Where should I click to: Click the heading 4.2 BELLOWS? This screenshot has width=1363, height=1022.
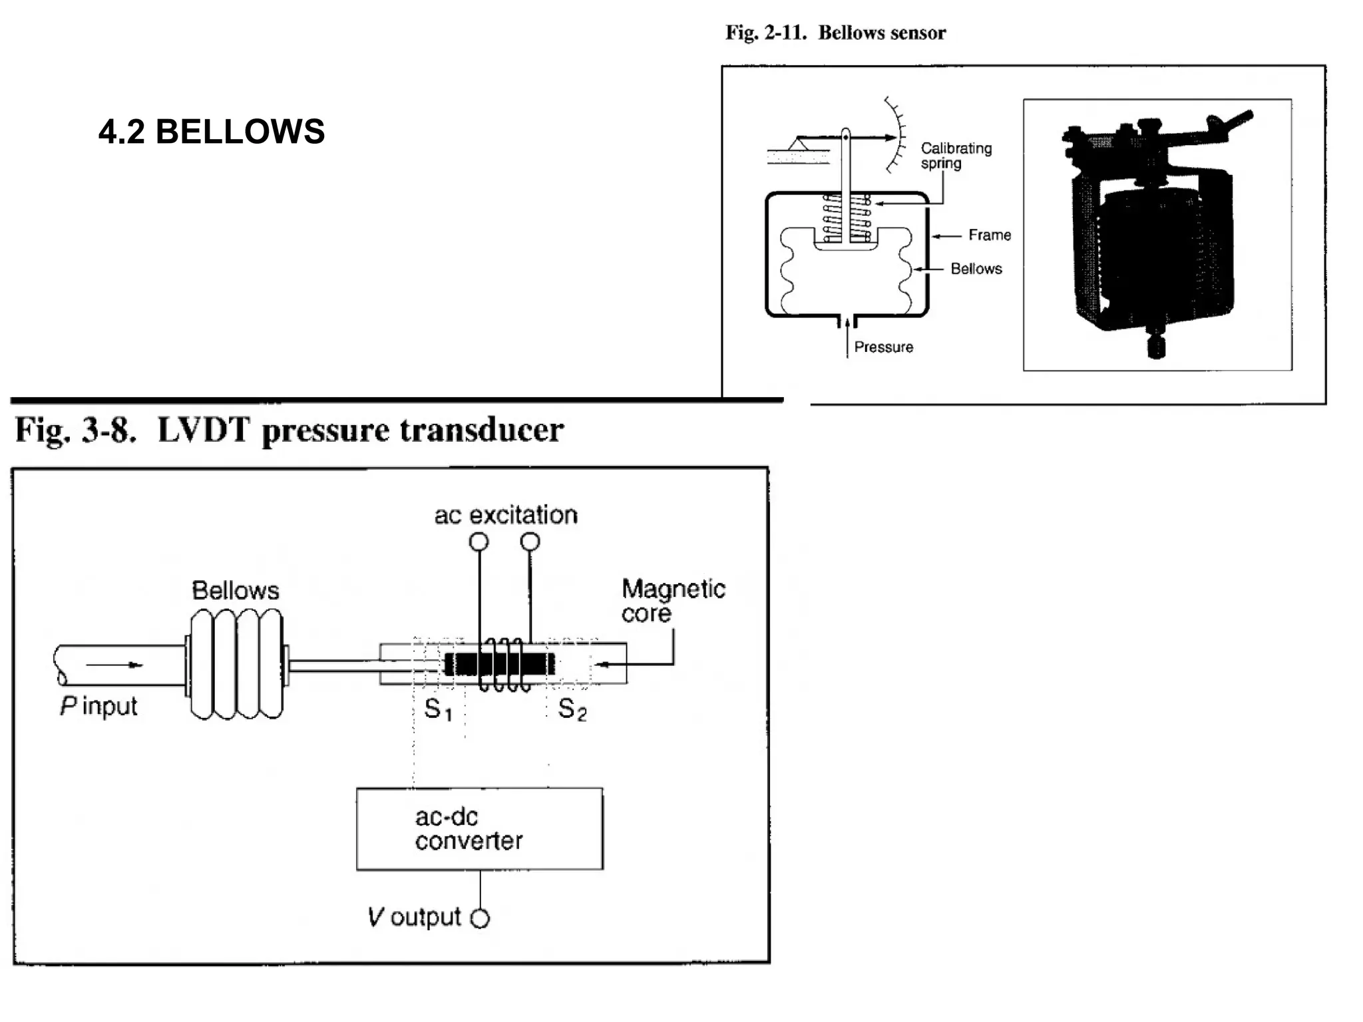pos(212,132)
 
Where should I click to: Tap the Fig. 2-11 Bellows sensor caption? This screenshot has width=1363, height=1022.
pos(835,33)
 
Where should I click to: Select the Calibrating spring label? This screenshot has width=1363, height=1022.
pos(955,156)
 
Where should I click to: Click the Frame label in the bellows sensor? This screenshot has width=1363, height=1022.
pos(989,235)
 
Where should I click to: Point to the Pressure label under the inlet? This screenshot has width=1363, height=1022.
pos(883,347)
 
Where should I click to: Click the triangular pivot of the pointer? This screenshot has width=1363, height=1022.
pos(799,143)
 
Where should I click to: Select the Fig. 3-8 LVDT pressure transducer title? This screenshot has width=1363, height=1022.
pos(290,430)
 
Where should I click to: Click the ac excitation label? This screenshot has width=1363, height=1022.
pos(506,515)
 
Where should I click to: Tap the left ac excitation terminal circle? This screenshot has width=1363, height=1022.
pos(479,542)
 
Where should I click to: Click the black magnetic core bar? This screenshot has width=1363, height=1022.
pos(499,664)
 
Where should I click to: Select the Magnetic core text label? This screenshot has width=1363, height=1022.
pos(672,600)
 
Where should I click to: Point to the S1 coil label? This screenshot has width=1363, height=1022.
pos(438,709)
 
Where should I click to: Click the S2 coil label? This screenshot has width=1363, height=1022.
pos(572,709)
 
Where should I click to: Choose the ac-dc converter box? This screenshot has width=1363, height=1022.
pos(479,828)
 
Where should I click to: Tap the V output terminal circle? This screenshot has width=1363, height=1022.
pos(480,919)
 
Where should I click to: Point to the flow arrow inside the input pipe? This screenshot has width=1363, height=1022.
pos(114,665)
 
